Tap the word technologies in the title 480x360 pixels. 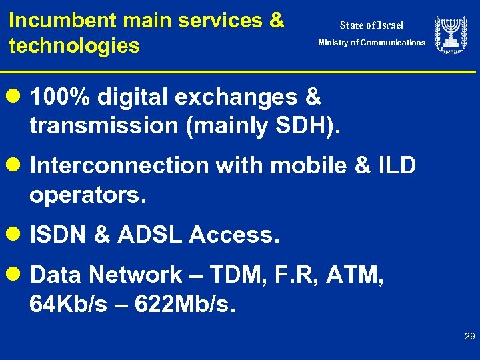pyautogui.click(x=74, y=46)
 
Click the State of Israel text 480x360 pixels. pyautogui.click(x=371, y=25)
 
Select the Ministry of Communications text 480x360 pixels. pyautogui.click(x=371, y=43)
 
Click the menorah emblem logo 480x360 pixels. pyautogui.click(x=451, y=35)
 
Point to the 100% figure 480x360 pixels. pyautogui.click(x=61, y=97)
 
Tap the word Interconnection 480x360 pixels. pyautogui.click(x=119, y=165)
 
